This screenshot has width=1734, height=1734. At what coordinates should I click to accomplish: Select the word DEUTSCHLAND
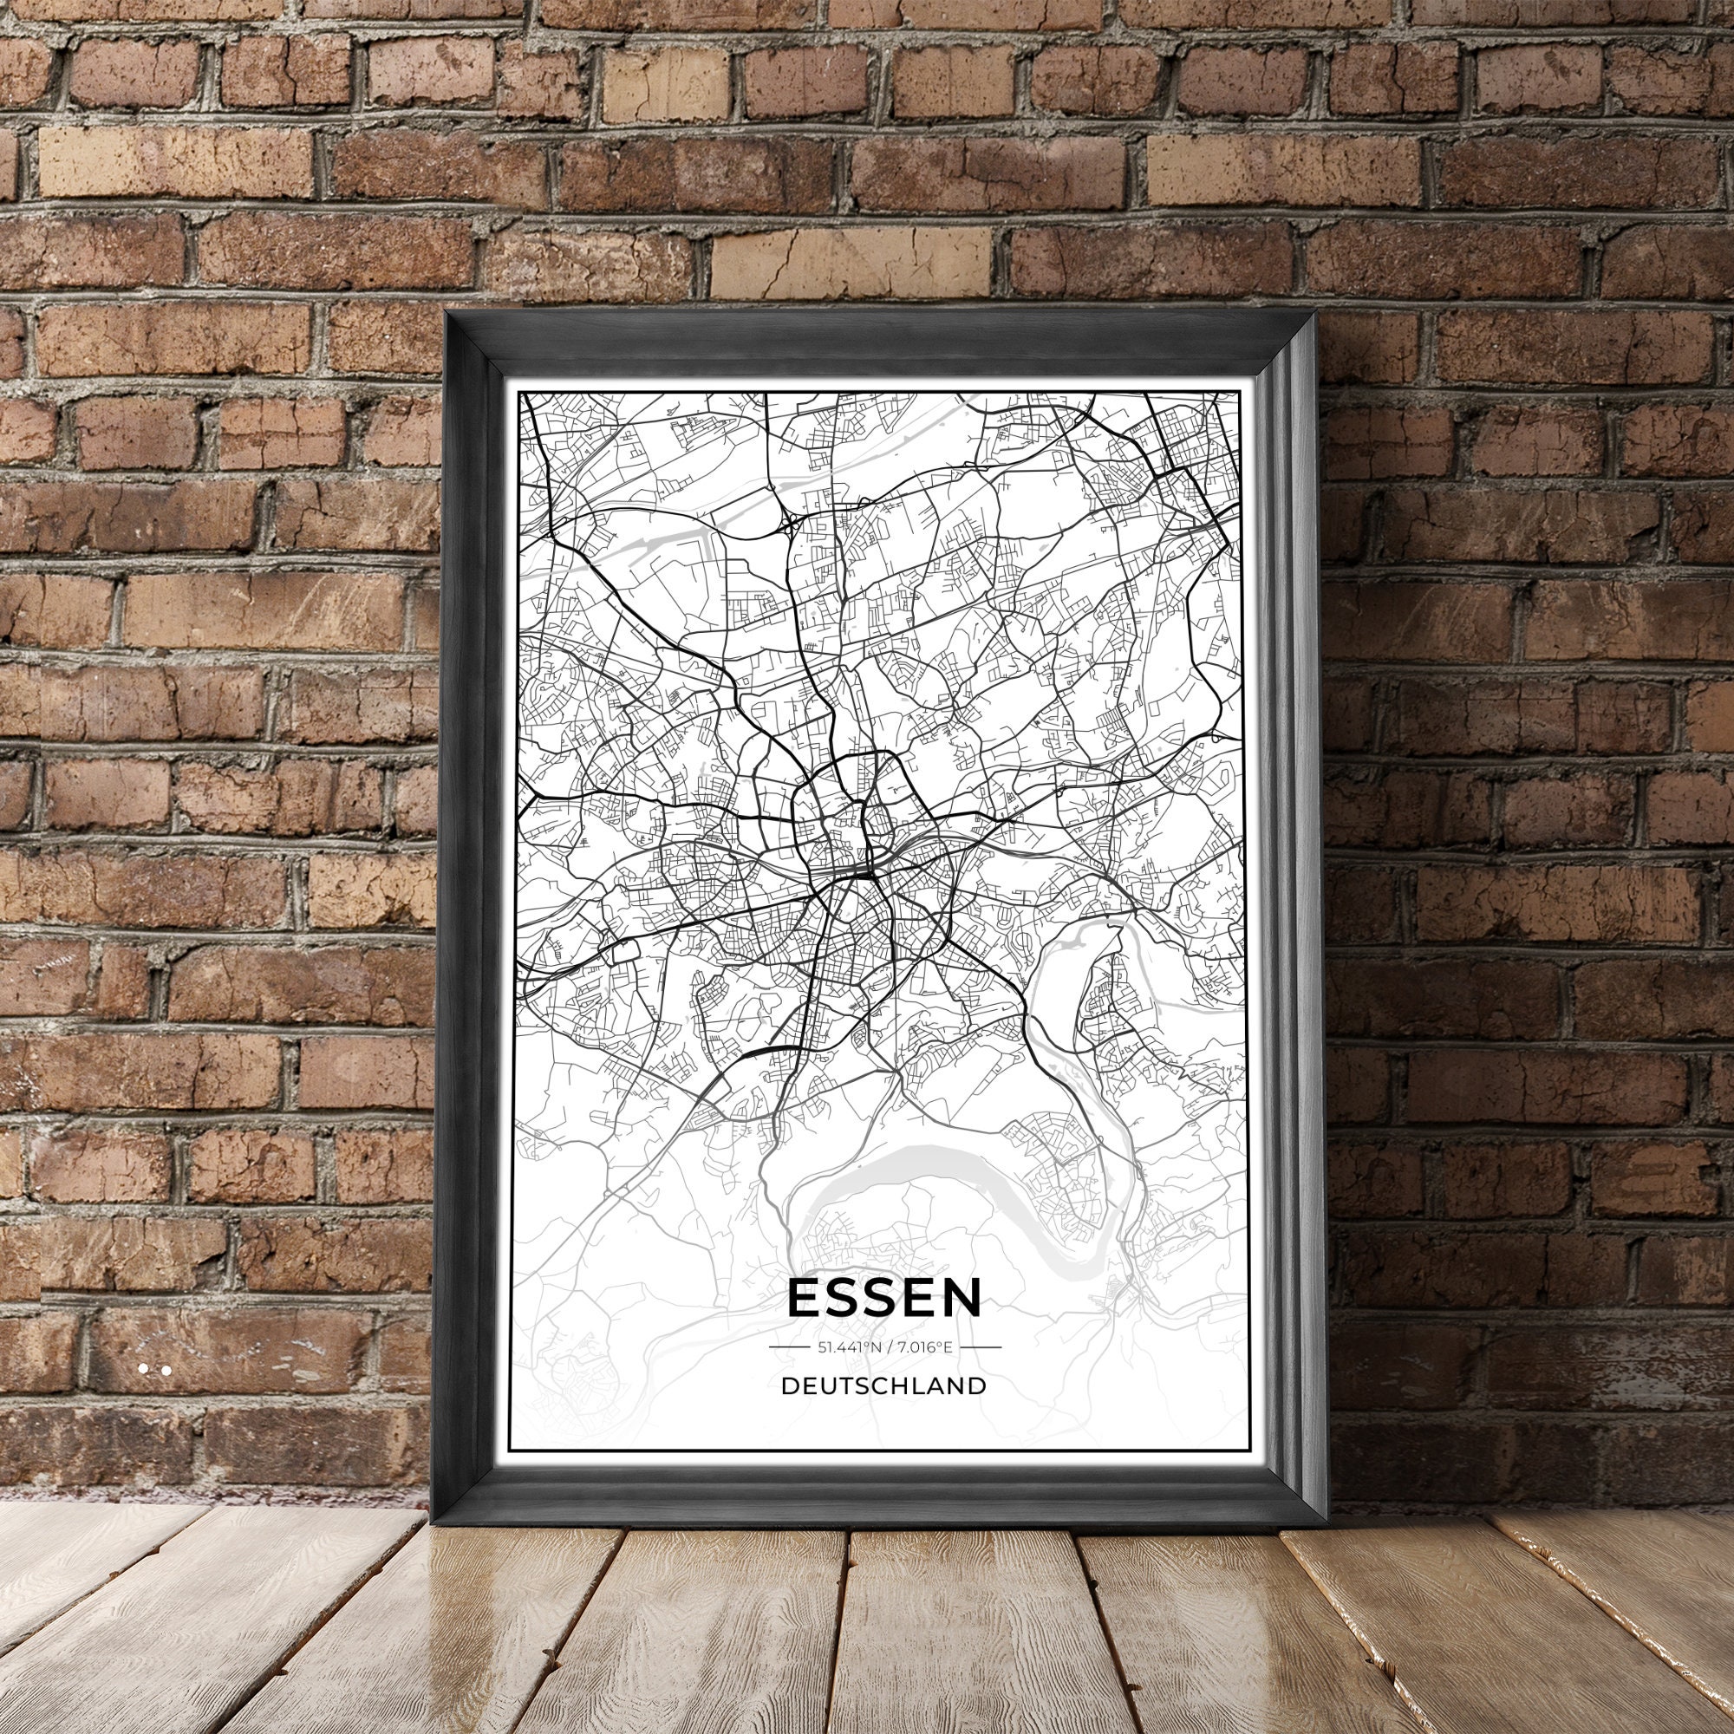point(884,1385)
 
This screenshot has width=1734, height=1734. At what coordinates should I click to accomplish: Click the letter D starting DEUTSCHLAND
point(789,1385)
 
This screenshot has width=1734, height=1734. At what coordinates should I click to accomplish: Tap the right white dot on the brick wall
point(166,1371)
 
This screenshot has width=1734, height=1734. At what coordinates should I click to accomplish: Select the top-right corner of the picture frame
point(1312,311)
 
